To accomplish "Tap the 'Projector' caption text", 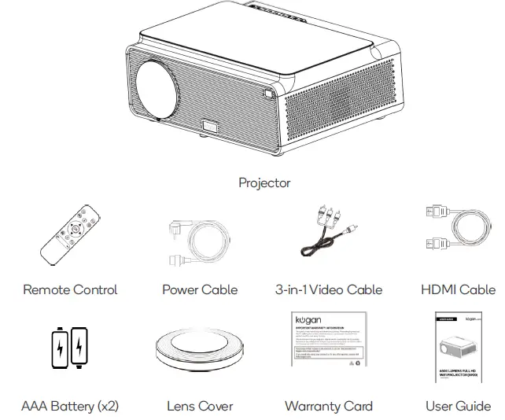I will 264,183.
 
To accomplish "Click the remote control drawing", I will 70,241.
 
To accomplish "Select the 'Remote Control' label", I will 70,289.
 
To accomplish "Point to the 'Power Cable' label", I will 200,289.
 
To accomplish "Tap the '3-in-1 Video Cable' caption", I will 329,289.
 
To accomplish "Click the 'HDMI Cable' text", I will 458,289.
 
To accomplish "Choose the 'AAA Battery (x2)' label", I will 70,406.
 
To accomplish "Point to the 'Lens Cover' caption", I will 200,406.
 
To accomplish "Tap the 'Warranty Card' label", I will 329,406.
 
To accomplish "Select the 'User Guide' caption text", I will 458,406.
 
